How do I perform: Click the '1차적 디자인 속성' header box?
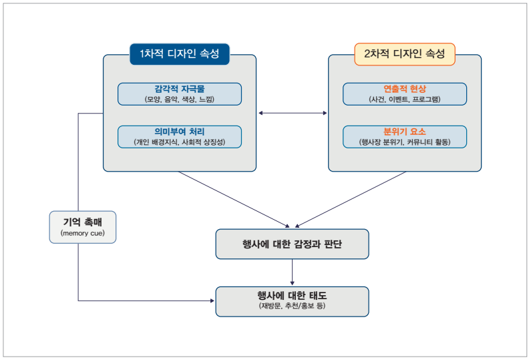[x=179, y=53]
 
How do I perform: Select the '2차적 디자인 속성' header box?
[x=404, y=53]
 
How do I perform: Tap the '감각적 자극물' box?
[x=179, y=94]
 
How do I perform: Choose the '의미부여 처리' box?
[x=179, y=136]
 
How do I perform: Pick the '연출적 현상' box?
[x=404, y=94]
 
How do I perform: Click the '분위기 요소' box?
[x=404, y=136]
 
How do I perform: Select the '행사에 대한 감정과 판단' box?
[x=292, y=244]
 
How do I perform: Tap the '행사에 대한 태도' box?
[x=292, y=301]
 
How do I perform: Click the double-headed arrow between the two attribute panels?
[x=292, y=113]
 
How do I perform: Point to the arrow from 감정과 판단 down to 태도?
[x=292, y=273]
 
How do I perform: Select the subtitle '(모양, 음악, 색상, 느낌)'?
[x=179, y=99]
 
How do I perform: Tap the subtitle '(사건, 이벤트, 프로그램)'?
[x=404, y=99]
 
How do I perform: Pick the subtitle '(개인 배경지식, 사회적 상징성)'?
[x=179, y=142]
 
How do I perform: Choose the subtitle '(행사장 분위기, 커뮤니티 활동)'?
[x=404, y=142]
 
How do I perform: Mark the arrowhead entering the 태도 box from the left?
[x=212, y=301]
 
